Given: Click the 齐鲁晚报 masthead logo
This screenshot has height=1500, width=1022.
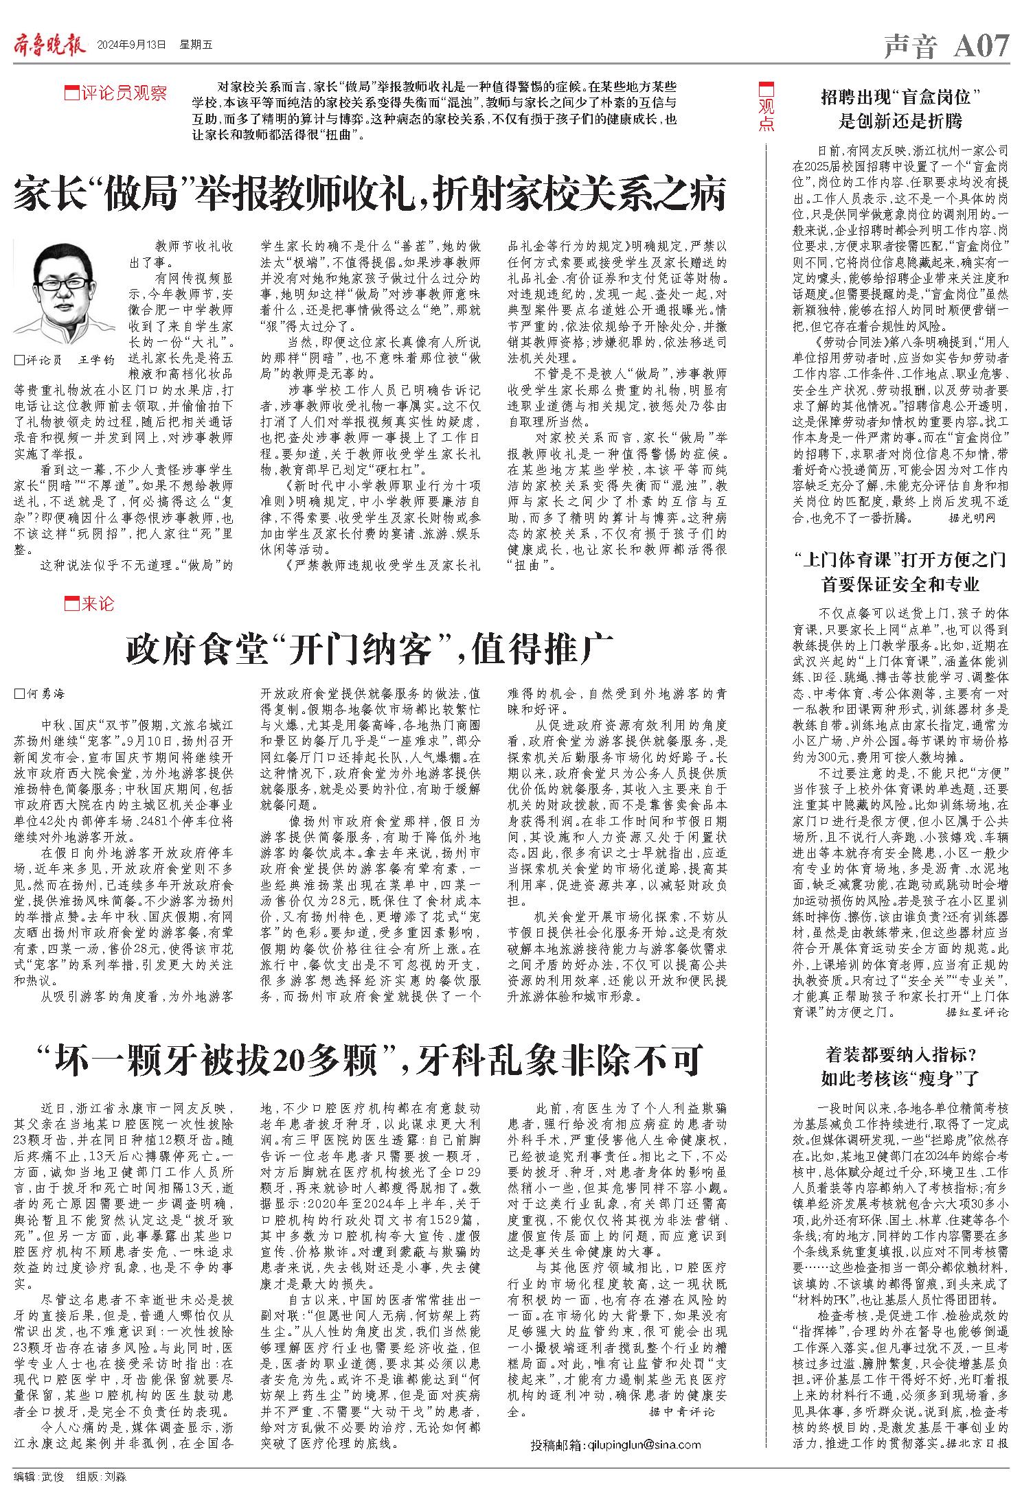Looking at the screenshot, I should pos(48,45).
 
